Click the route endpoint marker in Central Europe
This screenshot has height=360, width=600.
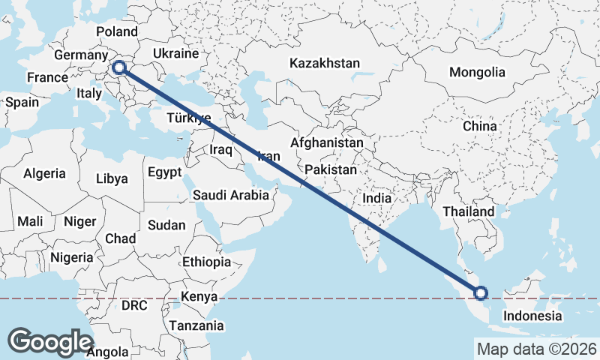(x=118, y=68)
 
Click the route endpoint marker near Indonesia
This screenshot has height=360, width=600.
(x=481, y=293)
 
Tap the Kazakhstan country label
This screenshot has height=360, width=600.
(x=325, y=63)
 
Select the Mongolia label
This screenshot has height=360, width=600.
(x=477, y=73)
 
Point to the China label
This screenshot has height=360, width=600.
(x=479, y=126)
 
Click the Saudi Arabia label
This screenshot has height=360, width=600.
(x=230, y=196)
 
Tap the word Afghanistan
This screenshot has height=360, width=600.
(x=326, y=142)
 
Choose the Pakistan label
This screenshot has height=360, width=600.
(x=331, y=170)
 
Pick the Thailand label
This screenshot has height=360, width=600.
(x=469, y=212)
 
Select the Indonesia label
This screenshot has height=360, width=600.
(x=532, y=316)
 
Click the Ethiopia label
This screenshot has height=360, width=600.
(x=207, y=262)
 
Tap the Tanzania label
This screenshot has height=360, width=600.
(x=196, y=326)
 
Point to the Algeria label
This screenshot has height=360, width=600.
(x=44, y=174)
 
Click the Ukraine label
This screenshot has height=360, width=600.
(x=175, y=54)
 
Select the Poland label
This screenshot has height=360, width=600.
(x=117, y=32)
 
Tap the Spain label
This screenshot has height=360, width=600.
(x=22, y=102)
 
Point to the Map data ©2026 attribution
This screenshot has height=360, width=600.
(x=536, y=349)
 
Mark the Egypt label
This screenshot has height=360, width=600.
(x=165, y=172)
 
